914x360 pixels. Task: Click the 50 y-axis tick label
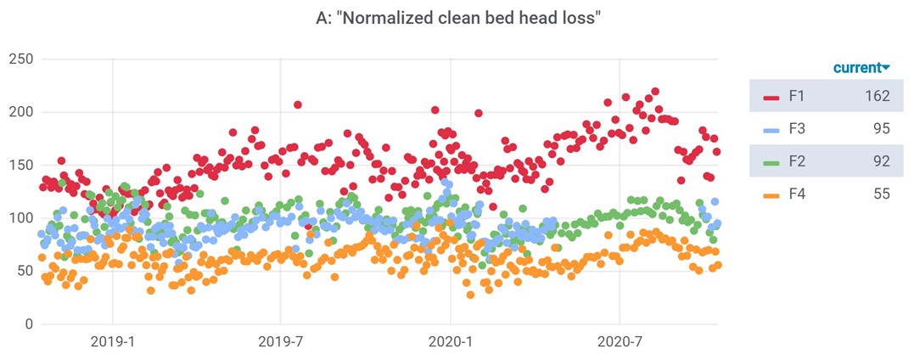[x=24, y=271]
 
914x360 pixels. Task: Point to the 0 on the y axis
[x=28, y=323]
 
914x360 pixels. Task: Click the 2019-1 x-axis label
[x=113, y=343]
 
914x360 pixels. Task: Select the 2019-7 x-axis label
[x=281, y=343]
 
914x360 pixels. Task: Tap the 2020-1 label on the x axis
[x=451, y=343]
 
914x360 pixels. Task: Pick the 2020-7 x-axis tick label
[x=620, y=343]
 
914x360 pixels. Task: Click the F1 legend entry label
[x=797, y=96]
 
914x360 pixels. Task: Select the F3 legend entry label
[x=797, y=129]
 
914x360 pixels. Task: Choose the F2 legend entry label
[x=797, y=161]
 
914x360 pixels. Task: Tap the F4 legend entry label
[x=797, y=194]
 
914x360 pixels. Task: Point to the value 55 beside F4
[x=881, y=194]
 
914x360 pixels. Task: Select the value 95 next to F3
[x=881, y=129]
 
